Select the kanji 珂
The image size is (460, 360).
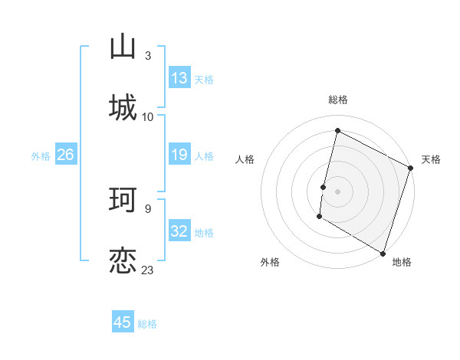coord(123,201)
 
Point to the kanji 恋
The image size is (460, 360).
coord(123,261)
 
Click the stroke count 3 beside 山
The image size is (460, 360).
coord(147,56)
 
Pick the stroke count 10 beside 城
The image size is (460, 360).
coord(148,116)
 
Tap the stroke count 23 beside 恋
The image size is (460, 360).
coord(148,270)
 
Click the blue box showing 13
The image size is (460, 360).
coord(179,78)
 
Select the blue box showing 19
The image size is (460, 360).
coord(179,155)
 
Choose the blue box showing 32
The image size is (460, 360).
coord(179,231)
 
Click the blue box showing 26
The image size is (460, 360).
coord(65,155)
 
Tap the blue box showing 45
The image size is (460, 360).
coord(123,322)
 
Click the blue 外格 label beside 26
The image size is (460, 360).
coord(41,155)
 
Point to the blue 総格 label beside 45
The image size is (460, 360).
coord(147,324)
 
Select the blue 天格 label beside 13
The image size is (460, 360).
coord(204,80)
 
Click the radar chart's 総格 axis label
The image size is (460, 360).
coord(338,100)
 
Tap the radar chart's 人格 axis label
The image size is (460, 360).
coord(245,159)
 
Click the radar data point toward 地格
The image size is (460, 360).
coord(383,253)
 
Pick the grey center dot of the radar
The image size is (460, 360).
coord(337,191)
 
